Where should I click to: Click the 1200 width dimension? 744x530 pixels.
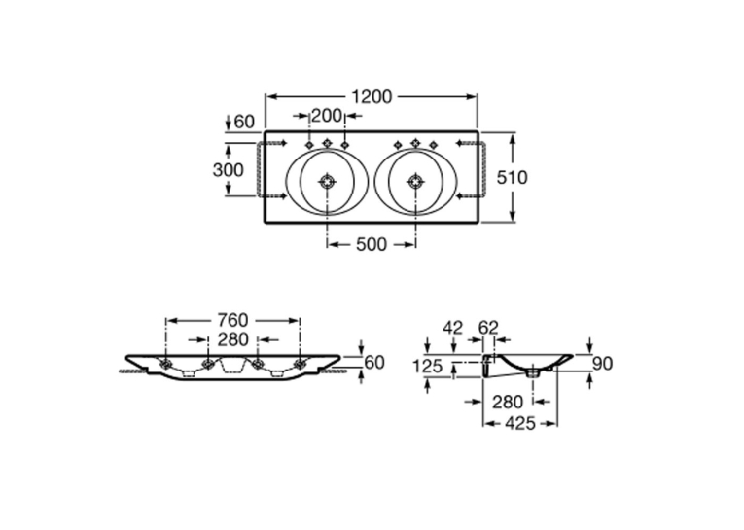pyautogui.click(x=372, y=97)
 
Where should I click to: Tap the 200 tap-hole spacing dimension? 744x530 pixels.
pyautogui.click(x=327, y=116)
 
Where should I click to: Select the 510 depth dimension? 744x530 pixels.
pyautogui.click(x=512, y=177)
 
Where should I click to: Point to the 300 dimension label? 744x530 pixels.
pyautogui.click(x=229, y=170)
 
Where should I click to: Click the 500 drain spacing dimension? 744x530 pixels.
pyautogui.click(x=372, y=245)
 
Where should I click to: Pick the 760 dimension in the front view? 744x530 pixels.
pyautogui.click(x=232, y=320)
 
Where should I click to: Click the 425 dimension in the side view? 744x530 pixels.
pyautogui.click(x=520, y=423)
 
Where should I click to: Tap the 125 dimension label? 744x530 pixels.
pyautogui.click(x=428, y=367)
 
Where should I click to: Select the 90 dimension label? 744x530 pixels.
pyautogui.click(x=603, y=364)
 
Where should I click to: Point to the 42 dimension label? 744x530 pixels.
pyautogui.click(x=452, y=328)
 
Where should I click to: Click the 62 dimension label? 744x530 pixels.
pyautogui.click(x=488, y=328)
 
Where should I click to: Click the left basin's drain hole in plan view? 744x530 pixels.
pyautogui.click(x=327, y=181)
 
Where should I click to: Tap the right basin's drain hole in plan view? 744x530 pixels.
pyautogui.click(x=415, y=181)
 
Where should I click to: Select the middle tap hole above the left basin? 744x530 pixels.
pyautogui.click(x=327, y=143)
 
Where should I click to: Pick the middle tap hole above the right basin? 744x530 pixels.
pyautogui.click(x=415, y=143)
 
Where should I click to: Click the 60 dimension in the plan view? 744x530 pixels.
pyautogui.click(x=244, y=122)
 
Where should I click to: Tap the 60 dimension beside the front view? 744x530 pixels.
pyautogui.click(x=373, y=363)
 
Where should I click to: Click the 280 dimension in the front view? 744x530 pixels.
pyautogui.click(x=232, y=339)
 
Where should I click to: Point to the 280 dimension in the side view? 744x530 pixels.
pyautogui.click(x=508, y=403)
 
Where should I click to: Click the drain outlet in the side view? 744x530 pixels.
pyautogui.click(x=533, y=372)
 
